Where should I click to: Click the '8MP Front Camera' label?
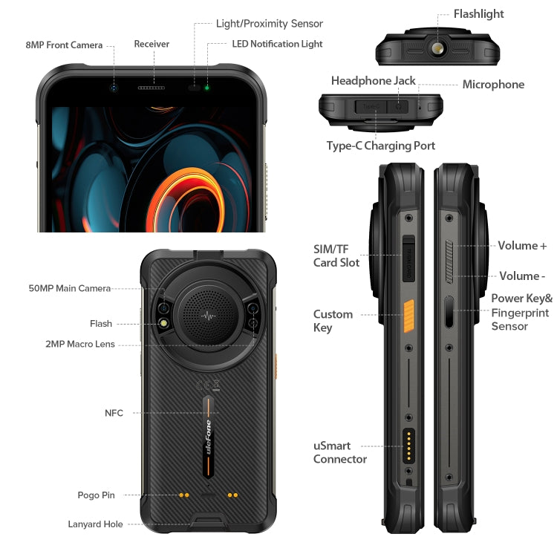[64, 45]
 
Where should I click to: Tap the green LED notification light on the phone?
[207, 88]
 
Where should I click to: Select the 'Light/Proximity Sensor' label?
[269, 24]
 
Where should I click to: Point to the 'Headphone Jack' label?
[373, 81]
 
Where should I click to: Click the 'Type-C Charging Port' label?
[381, 146]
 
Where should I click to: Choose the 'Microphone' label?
[493, 85]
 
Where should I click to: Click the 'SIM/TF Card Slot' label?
[336, 255]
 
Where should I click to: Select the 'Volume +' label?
[522, 246]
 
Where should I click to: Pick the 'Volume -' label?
[522, 276]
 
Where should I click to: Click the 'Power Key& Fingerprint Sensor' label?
[521, 312]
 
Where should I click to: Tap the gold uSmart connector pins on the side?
[408, 446]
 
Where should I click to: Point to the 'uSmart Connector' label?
[340, 453]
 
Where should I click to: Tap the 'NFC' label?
[114, 413]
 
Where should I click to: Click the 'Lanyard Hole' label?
[95, 524]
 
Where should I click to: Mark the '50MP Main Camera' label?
[69, 288]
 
